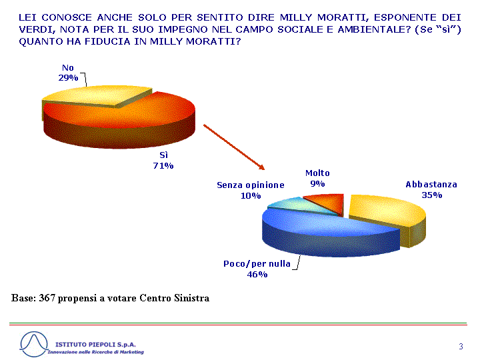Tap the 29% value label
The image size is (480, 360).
[68, 78]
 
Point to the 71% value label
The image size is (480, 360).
[163, 165]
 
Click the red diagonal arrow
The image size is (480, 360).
[234, 147]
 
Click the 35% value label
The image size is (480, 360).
[431, 195]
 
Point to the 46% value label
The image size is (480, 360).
[257, 274]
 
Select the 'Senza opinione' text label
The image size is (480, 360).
[251, 185]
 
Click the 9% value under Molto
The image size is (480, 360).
[317, 184]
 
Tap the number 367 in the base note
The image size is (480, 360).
[47, 298]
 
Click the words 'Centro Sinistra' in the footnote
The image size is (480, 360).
[175, 298]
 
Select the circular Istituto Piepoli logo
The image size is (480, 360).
[34, 344]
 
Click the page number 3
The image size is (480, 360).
[461, 346]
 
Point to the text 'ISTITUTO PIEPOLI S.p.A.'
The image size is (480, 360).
[95, 345]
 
